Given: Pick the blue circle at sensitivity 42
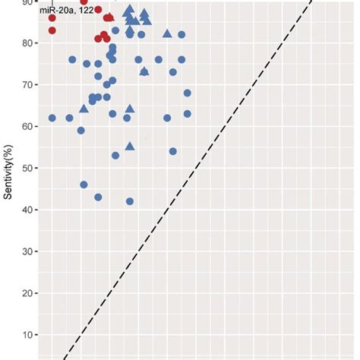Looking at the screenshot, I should pos(130,201).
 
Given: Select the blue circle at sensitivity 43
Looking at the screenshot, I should pos(98,197).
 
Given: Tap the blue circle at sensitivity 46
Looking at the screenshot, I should pos(84,185).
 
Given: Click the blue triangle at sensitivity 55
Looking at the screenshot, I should pos(130,146).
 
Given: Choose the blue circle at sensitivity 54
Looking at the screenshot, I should pos(173,151).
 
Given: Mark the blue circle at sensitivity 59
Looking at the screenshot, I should pos(81,131).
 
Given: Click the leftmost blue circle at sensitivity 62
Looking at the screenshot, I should pos(52,118).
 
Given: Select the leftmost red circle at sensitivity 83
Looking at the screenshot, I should pos(52,30).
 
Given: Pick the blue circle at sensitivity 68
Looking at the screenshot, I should pos(188,93).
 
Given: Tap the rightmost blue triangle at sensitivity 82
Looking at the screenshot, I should pos(167,34).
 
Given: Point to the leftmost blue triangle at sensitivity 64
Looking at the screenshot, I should pos(84,109).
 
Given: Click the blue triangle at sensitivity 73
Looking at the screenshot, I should pos(144,71).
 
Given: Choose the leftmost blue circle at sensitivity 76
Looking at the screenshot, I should pos(72,59).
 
